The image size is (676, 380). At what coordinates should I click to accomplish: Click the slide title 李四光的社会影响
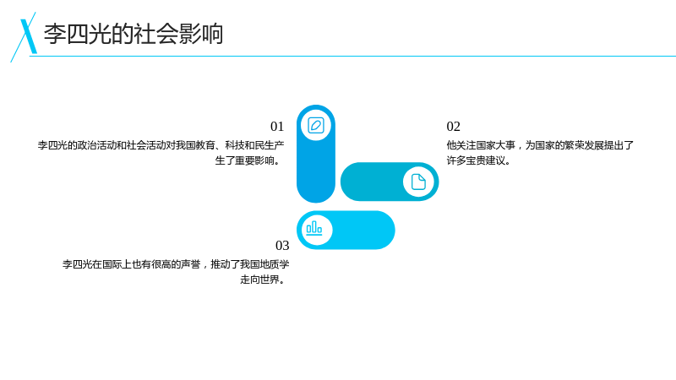click(x=134, y=34)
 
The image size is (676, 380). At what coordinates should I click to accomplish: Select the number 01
click(x=277, y=126)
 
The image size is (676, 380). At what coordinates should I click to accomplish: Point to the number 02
click(x=454, y=126)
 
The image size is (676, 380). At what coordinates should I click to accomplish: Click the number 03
click(x=282, y=245)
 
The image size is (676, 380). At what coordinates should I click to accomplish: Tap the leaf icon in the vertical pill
click(x=316, y=125)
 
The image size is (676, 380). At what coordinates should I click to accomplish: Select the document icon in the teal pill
click(x=418, y=182)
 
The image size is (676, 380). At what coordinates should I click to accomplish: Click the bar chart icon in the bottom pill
click(x=314, y=228)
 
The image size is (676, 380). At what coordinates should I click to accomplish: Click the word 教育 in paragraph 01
click(x=205, y=145)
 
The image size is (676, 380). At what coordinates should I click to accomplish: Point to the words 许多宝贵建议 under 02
click(x=476, y=160)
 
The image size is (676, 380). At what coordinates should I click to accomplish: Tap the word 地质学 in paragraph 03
click(x=274, y=264)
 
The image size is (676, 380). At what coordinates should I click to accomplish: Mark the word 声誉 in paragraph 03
click(x=190, y=264)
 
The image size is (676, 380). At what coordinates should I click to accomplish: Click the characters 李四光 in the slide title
click(x=77, y=34)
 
